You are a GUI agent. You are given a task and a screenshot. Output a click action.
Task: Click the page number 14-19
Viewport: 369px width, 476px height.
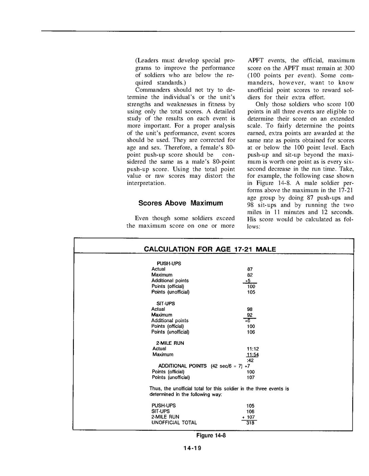192,448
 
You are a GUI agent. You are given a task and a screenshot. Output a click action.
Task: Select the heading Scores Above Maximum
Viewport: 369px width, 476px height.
181,203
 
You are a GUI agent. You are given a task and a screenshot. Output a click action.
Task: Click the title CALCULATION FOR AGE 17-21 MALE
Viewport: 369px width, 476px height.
210,249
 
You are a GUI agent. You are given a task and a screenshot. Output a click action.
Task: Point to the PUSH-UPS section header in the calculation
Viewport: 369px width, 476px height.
169,263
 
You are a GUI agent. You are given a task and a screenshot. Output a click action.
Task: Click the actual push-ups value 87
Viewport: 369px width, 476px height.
250,269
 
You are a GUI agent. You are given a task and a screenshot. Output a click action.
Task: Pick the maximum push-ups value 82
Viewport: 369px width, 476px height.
250,275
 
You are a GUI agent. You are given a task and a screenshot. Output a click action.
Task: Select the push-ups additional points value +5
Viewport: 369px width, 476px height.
249,280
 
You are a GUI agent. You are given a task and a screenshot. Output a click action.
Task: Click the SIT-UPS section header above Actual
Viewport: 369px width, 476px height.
166,303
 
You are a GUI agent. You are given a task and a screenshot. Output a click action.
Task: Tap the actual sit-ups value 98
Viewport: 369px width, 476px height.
250,309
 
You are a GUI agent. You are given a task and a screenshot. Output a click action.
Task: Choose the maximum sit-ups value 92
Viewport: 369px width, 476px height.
250,315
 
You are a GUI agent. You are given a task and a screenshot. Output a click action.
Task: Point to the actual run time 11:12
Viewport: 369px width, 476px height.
250,349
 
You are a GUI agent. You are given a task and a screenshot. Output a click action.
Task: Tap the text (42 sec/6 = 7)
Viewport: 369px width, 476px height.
226,366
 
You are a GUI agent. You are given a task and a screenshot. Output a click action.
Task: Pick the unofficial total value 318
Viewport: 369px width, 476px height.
250,423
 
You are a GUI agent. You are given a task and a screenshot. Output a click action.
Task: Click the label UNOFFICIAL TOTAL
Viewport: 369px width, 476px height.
174,422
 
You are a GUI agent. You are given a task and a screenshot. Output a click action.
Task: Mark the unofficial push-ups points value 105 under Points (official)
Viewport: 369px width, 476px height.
251,292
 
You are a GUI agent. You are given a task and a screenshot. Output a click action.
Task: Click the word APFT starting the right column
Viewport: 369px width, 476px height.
256,61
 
